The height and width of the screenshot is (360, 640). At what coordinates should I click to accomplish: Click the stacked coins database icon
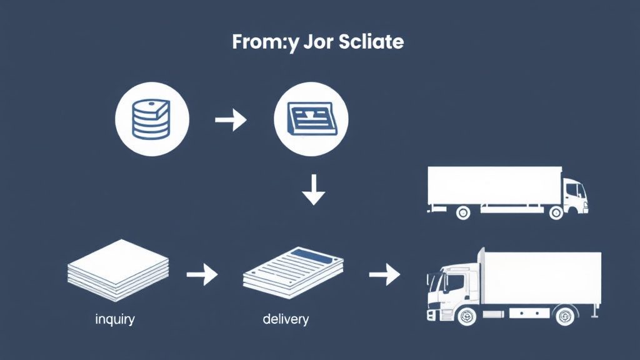point(151,119)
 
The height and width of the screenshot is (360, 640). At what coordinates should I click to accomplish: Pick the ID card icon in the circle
point(311,118)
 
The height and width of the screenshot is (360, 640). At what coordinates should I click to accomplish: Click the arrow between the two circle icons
point(231,119)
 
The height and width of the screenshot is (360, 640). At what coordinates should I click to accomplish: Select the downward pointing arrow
point(314,190)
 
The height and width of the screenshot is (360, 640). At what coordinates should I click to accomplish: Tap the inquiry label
point(115,319)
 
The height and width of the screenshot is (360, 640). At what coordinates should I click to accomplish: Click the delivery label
point(286,319)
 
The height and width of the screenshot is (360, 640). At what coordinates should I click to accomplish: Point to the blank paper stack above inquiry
point(118,269)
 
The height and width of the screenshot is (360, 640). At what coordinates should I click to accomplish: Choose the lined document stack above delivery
point(293,272)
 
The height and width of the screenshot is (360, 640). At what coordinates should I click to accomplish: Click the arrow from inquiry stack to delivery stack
point(202,274)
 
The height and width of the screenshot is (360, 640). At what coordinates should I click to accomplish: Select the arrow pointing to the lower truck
point(384,274)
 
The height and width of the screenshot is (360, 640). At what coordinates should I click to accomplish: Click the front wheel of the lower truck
point(466,316)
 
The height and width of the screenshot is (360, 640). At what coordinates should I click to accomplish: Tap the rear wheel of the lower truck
point(564,316)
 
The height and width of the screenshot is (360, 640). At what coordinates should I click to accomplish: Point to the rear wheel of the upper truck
point(463,212)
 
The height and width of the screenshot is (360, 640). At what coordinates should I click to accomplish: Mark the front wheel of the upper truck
point(556,212)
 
